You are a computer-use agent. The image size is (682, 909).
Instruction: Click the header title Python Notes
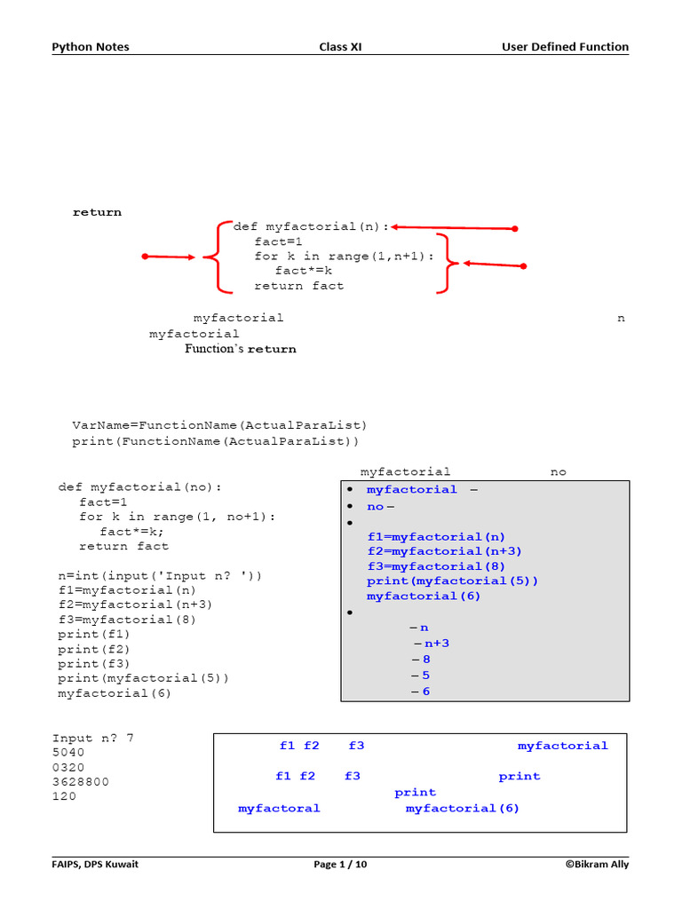coord(90,47)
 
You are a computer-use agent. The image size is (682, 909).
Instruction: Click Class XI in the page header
coord(340,47)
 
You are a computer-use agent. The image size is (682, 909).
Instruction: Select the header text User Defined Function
coord(565,47)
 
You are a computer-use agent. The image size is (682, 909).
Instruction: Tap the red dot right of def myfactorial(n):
coord(515,228)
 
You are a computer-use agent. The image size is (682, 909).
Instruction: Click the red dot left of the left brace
coord(146,257)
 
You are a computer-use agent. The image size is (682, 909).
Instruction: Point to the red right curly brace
coord(447,263)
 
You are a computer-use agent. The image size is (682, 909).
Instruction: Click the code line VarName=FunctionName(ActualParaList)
coord(219,425)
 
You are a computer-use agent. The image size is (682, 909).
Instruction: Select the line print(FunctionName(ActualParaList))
coord(216,441)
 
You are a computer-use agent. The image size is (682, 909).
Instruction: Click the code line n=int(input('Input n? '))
coord(160,575)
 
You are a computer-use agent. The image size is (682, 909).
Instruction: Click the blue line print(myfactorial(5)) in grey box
coord(452,581)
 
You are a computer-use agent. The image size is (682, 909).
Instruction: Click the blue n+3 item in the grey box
coord(436,643)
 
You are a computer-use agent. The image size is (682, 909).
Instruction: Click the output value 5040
coord(68,752)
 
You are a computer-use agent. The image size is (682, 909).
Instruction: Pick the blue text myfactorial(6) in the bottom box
coord(462,808)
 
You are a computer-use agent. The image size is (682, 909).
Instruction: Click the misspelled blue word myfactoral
coord(279,808)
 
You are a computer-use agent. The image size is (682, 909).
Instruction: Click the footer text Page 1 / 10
coord(340,865)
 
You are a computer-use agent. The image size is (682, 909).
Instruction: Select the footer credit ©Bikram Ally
coord(596,865)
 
